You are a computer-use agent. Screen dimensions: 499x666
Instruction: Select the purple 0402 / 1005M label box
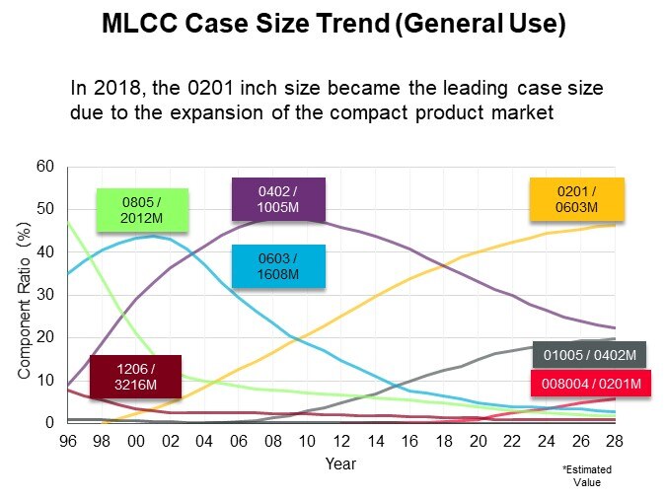(x=280, y=200)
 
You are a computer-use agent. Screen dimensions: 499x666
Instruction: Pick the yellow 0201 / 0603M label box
(x=577, y=200)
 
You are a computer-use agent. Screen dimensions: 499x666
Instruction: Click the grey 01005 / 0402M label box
(x=589, y=354)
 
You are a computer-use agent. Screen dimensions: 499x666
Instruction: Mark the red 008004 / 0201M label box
(x=589, y=383)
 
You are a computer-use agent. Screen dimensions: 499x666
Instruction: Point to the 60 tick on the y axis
(x=43, y=167)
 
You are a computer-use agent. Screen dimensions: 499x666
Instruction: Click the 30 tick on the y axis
(x=43, y=295)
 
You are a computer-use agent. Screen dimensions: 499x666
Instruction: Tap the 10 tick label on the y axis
(x=43, y=381)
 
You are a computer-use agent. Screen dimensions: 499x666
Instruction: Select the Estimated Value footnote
(x=580, y=476)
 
